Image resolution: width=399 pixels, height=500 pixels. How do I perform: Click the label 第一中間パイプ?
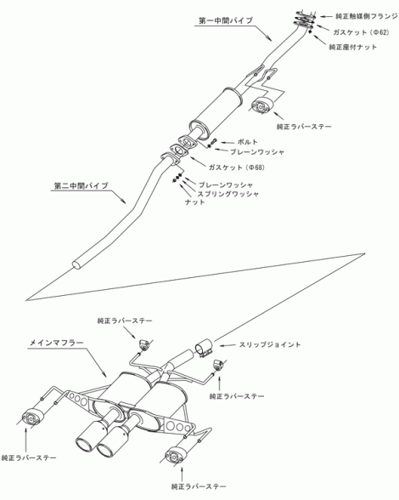pos(226,20)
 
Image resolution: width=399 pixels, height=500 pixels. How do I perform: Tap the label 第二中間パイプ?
pos(81,185)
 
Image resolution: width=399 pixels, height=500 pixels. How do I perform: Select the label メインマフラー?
pos(57,344)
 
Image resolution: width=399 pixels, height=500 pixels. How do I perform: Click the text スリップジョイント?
pos(270,344)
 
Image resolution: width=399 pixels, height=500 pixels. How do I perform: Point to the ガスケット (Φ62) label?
pos(361,32)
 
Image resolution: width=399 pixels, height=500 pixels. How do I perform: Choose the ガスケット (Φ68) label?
pos(237,167)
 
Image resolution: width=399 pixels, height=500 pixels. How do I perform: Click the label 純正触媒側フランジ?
pos(367,16)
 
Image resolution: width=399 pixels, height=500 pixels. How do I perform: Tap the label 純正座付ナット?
pos(353,48)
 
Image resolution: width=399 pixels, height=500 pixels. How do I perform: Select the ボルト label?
pos(247,142)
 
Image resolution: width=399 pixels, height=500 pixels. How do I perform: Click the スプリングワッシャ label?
pos(228,194)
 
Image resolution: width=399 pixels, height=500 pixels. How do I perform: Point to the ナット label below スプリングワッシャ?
pos(195,202)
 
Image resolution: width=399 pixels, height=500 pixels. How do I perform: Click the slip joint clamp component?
pos(204,349)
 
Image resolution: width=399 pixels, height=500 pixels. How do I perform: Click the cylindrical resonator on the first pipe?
pos(216,111)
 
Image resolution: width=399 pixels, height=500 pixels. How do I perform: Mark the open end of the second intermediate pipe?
pos(77,264)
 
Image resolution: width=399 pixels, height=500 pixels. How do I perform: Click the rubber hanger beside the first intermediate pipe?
pos(261,105)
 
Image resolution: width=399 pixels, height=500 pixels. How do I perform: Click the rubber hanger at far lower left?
pos(31,416)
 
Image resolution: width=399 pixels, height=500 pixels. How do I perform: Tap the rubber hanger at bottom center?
pos(176,456)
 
